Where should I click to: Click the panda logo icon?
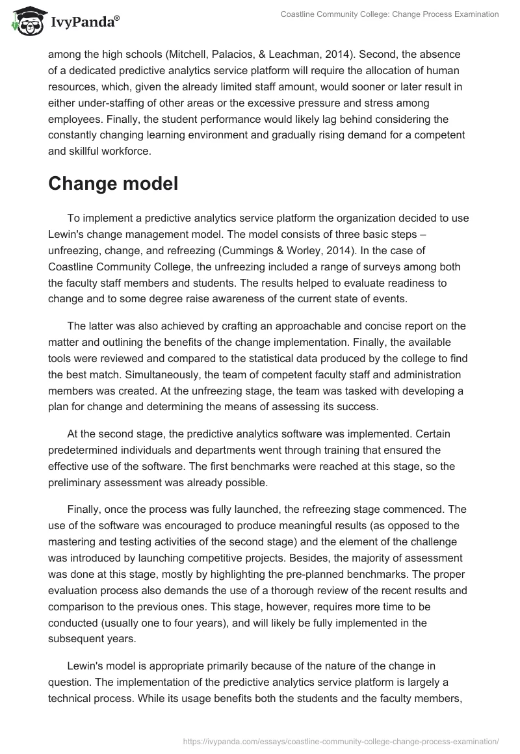click(25, 22)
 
